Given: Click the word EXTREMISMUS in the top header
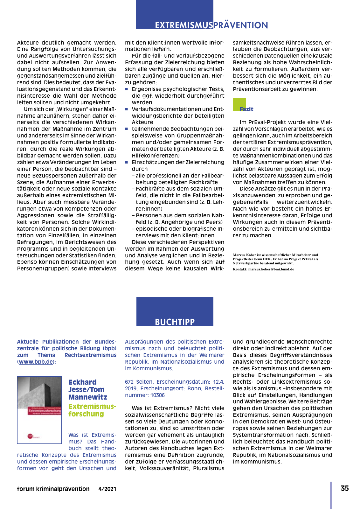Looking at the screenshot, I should [184, 25].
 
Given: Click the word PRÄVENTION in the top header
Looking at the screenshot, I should [241, 25].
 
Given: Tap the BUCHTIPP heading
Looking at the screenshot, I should [175, 322].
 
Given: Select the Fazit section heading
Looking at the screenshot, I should [246, 109].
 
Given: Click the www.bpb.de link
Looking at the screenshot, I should [36, 362].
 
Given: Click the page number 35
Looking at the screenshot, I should [345, 488].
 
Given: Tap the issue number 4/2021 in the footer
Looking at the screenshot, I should [107, 489].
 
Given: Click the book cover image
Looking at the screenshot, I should [39, 410].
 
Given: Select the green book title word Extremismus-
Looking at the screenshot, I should [92, 407].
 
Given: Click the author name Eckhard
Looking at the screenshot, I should [82, 382].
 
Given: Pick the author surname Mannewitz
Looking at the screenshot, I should [88, 397].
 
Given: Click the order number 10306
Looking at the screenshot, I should [157, 395].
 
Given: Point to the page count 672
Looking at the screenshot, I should [129, 382].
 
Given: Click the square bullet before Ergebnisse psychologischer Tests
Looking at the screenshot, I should [127, 89].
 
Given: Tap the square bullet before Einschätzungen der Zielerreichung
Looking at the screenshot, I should [127, 162].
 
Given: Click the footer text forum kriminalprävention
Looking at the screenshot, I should [53, 489].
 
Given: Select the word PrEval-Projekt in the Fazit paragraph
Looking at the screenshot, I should [264, 122].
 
